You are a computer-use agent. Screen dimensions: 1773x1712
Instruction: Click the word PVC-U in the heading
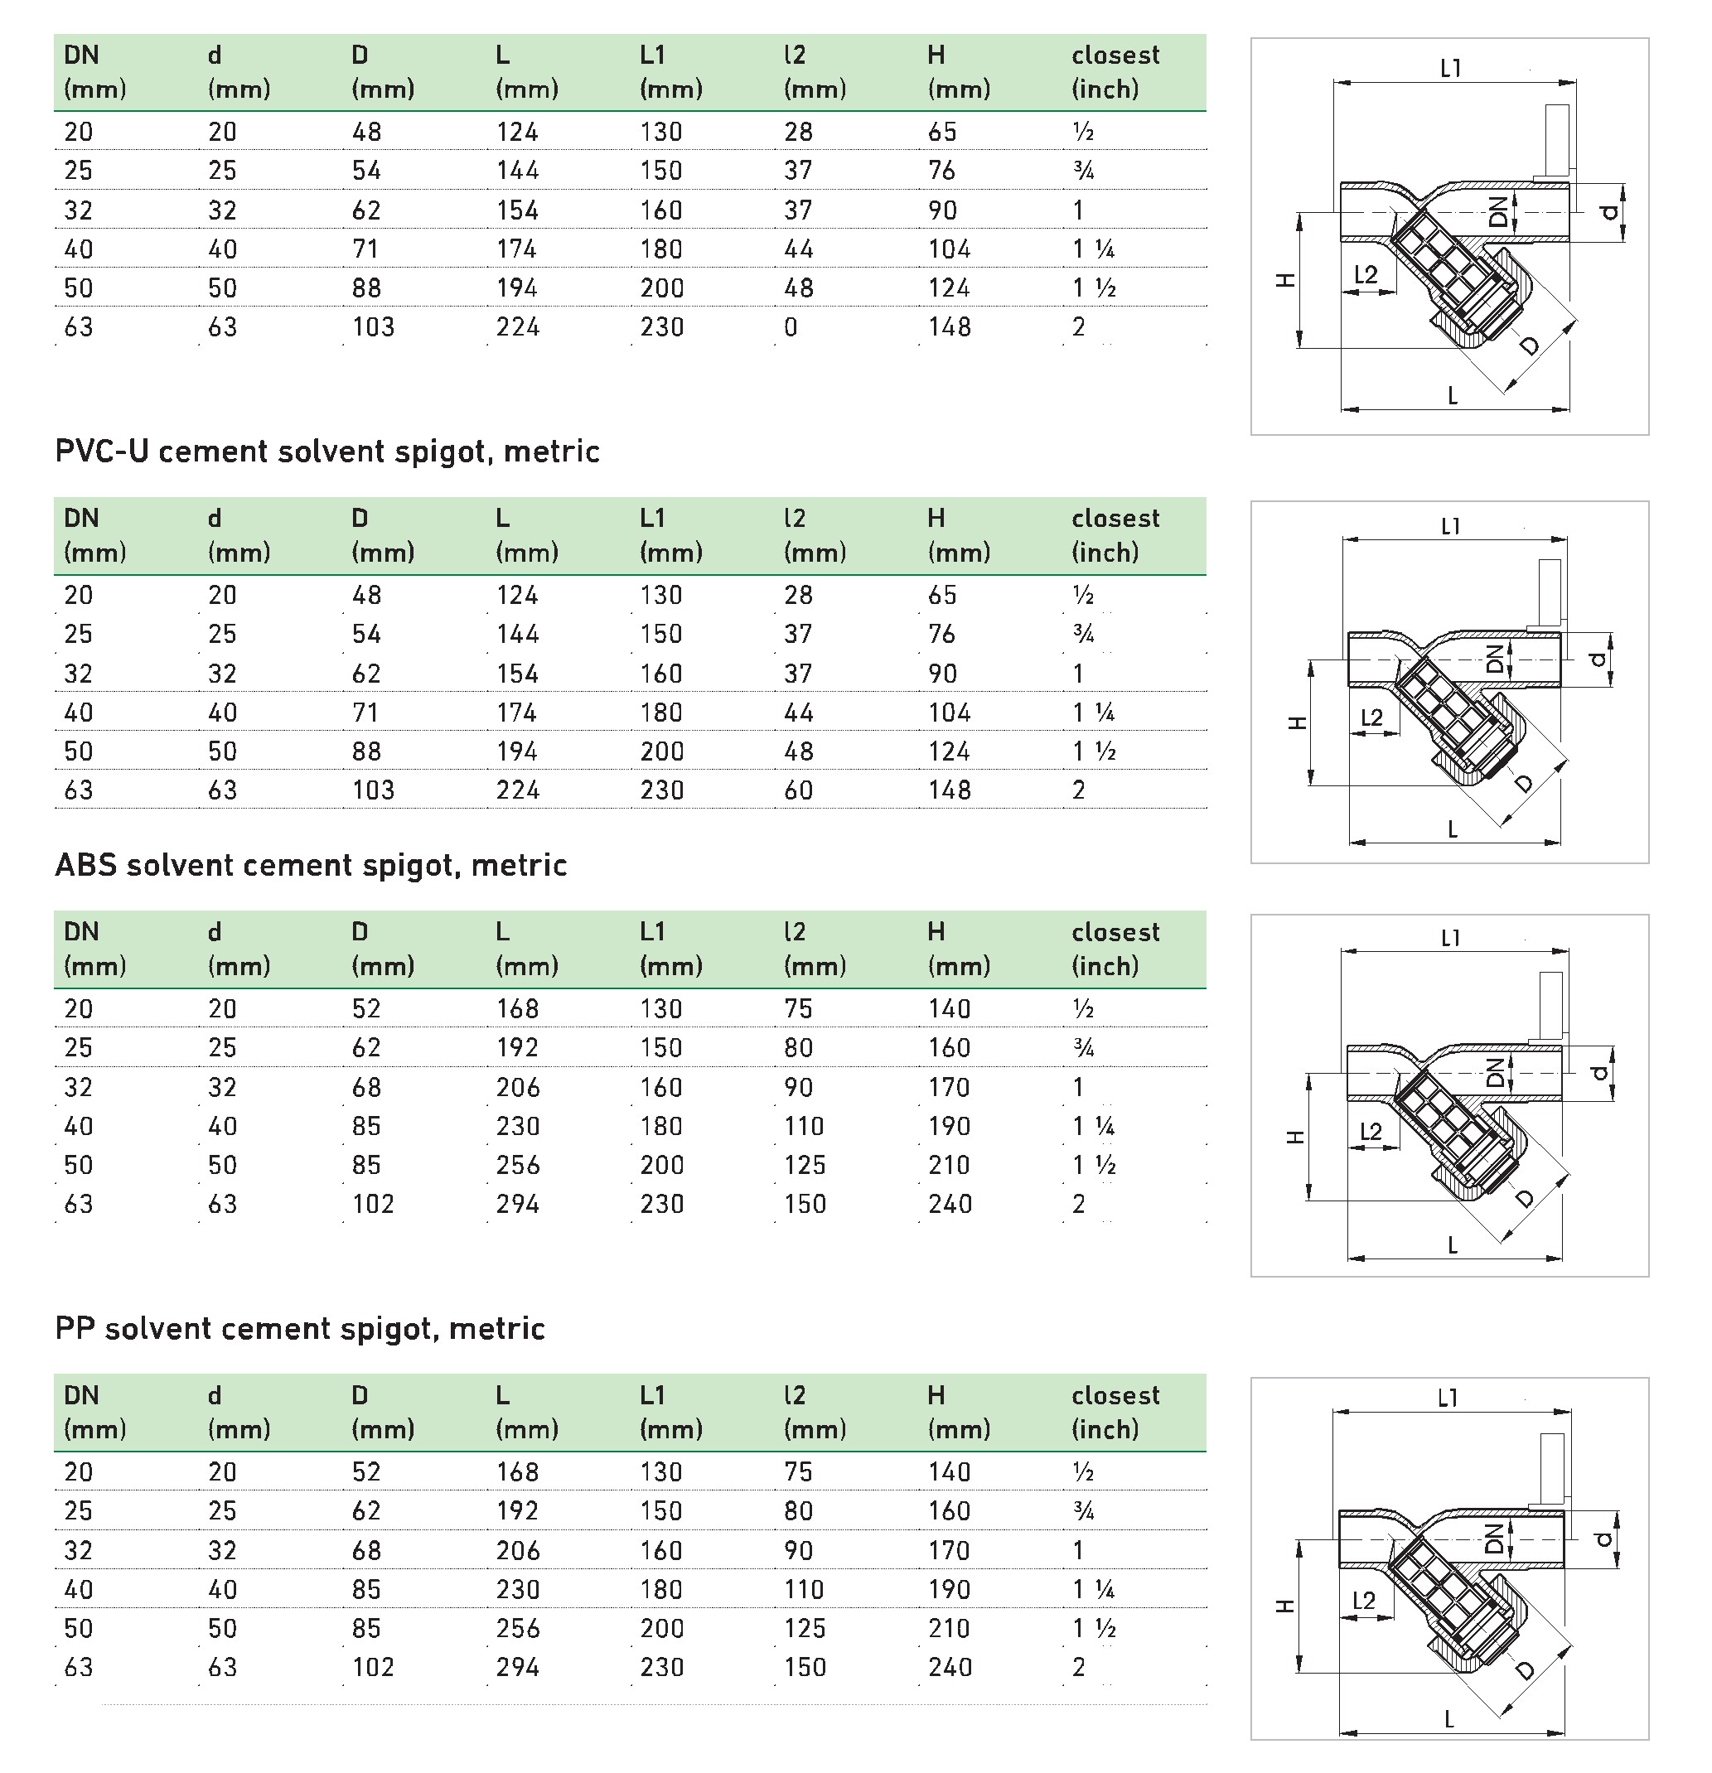99,452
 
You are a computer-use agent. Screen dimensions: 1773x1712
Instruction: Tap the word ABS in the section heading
85,866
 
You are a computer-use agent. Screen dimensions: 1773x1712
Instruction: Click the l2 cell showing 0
791,327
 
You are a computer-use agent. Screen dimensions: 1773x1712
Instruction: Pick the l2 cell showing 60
798,790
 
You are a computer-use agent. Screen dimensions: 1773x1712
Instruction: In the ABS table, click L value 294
518,1205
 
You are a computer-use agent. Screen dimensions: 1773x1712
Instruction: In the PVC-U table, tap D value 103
373,790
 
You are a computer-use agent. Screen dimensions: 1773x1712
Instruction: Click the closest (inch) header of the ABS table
1115,949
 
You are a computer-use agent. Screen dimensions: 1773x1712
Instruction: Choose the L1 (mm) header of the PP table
670,1412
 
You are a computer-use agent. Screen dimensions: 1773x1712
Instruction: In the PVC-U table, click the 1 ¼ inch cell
1093,713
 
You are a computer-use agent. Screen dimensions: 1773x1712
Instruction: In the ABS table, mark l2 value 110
805,1127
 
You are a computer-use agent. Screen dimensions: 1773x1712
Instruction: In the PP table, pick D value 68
366,1551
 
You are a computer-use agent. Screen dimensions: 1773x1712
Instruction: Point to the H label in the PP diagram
1285,1606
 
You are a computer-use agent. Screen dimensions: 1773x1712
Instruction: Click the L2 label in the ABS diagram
1371,1132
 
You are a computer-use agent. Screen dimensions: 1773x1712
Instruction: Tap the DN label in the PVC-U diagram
1495,659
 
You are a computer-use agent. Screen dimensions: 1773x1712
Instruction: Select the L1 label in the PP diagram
1448,1399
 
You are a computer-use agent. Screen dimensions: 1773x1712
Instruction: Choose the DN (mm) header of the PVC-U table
94,535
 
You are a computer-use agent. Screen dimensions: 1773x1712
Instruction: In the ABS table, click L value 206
518,1087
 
